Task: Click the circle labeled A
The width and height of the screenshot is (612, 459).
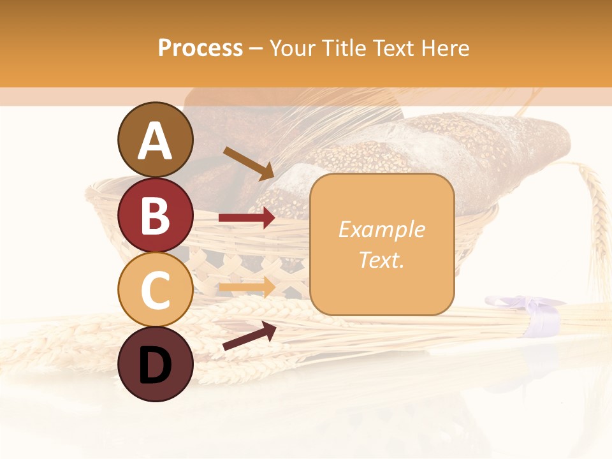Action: (155, 140)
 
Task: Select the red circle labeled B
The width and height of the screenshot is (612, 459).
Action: (155, 215)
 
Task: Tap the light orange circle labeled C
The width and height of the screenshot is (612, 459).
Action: (155, 289)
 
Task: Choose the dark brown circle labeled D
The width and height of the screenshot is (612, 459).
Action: (155, 364)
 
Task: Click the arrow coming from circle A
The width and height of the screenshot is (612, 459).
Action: (249, 163)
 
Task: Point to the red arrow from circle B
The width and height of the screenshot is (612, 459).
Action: (247, 218)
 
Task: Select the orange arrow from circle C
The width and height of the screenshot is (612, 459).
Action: (247, 286)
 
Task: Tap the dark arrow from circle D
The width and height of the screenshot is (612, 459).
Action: (249, 336)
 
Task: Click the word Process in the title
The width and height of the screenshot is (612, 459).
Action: (200, 48)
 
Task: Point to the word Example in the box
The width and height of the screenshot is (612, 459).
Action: (381, 229)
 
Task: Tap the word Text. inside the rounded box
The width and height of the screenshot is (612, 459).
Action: (381, 259)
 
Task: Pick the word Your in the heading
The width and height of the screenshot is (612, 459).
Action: (293, 48)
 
